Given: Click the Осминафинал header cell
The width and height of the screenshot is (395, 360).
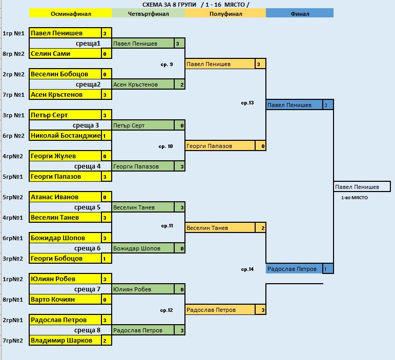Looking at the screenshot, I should point(70,14).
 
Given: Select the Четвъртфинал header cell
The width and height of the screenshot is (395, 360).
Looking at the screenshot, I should point(148,14).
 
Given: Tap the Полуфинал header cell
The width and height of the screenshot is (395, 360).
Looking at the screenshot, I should point(225,14).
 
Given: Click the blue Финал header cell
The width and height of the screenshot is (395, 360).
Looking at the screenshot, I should point(300,14).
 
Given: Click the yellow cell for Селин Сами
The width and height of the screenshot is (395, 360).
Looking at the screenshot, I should point(65,54).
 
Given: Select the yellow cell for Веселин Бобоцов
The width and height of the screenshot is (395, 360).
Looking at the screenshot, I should point(65,74).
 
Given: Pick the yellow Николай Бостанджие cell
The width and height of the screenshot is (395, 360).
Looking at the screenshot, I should point(65,136).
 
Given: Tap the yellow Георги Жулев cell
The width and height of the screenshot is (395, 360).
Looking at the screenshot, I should point(65,156).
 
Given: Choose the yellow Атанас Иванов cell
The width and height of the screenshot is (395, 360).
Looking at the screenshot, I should point(65,197).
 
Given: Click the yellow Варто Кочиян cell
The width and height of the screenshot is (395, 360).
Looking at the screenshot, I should point(65,300).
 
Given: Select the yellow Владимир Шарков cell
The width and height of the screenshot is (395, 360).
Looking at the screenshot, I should point(65,341).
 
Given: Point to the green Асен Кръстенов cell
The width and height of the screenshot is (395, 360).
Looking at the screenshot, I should point(143,84).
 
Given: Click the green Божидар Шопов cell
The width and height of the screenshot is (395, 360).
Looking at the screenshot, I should point(143,248).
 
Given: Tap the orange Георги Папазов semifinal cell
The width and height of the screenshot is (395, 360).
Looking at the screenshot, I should point(220,146).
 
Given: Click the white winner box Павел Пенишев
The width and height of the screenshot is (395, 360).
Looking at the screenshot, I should point(362,187).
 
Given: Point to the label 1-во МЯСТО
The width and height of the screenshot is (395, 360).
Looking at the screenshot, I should point(355,198).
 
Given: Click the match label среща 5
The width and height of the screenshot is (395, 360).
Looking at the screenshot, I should point(87,207).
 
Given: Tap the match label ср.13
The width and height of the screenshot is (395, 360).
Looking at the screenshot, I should point(247,103).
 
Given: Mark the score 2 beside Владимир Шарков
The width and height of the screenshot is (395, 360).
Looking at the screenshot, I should point(105,341).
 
